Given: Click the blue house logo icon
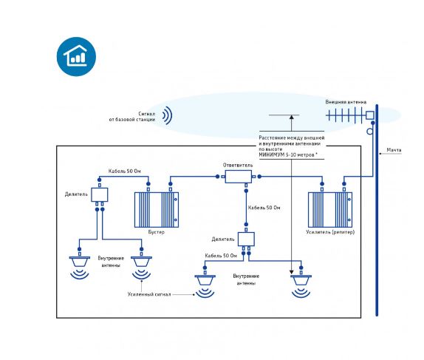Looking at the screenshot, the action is tap(76, 57).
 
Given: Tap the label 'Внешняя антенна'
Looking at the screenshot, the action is tap(346, 102).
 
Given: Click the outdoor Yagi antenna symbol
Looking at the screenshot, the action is tap(350, 115).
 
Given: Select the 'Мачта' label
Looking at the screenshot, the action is tap(394, 150).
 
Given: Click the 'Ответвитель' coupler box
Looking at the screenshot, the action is tap(239, 177).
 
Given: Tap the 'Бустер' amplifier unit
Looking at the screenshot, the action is tap(157, 210).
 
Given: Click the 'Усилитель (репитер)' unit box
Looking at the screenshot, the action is tap(330, 210).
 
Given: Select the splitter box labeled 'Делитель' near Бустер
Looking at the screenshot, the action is tap(100, 194).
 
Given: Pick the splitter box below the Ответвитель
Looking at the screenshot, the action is tap(246, 240).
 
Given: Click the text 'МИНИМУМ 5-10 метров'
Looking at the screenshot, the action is tap(287, 154).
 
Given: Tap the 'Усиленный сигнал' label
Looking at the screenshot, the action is tap(149, 294).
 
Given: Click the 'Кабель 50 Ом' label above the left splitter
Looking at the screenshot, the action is tap(124, 171).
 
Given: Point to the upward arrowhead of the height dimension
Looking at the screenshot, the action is tap(292, 118).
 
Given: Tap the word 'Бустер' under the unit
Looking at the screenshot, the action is tap(157, 232).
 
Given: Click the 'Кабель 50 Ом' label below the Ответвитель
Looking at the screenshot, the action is tap(264, 208).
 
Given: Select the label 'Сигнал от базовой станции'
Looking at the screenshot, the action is tap(132, 117).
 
